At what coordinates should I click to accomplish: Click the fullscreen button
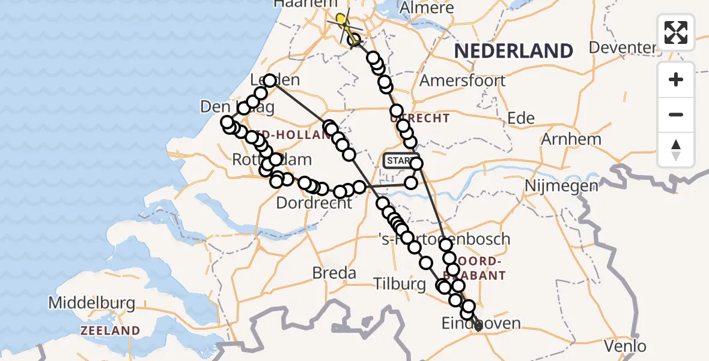[x=676, y=32]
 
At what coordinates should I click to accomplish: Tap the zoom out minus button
[x=676, y=115]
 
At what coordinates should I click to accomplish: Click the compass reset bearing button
[x=676, y=150]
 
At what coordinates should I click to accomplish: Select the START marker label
[x=398, y=161]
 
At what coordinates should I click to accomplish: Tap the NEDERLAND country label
[x=513, y=51]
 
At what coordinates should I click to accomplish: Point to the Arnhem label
[x=571, y=139]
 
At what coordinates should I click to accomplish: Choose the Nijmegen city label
[x=562, y=185]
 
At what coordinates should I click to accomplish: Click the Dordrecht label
[x=314, y=203]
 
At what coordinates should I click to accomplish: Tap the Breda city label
[x=334, y=273]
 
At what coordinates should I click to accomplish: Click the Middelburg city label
[x=91, y=303]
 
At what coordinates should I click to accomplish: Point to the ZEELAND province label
[x=111, y=331]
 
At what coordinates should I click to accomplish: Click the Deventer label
[x=622, y=48]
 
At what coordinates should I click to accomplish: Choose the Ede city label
[x=521, y=119]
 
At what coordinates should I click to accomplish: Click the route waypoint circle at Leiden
[x=270, y=81]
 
